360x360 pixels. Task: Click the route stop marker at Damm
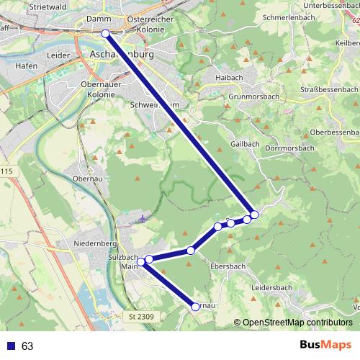(x=105, y=33)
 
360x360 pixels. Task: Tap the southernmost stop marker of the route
(x=195, y=307)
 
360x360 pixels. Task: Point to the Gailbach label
(x=245, y=143)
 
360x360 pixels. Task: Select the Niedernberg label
(x=90, y=244)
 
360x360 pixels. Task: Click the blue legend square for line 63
(x=10, y=346)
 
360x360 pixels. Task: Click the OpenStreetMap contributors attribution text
(x=297, y=323)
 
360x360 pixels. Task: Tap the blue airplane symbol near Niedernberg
(x=144, y=218)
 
